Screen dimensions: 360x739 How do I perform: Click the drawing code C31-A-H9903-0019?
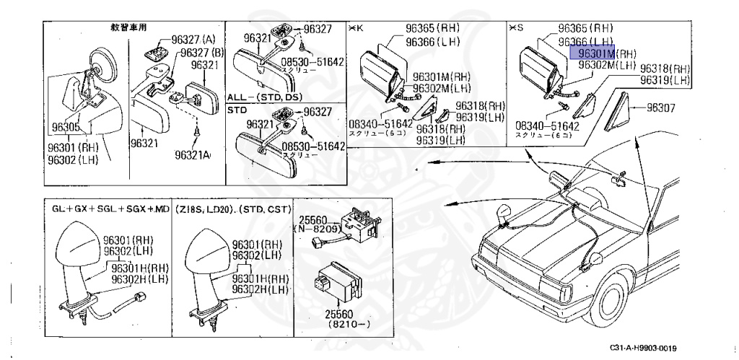[x=638, y=348]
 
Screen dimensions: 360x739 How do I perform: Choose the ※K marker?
[x=356, y=28]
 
